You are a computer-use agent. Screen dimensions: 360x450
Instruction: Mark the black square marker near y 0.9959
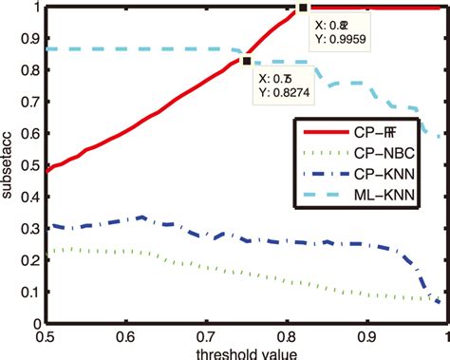coord(303,8)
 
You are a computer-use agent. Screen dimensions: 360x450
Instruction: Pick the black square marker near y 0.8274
coord(247,61)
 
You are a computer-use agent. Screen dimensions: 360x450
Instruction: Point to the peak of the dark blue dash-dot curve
coord(142,218)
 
